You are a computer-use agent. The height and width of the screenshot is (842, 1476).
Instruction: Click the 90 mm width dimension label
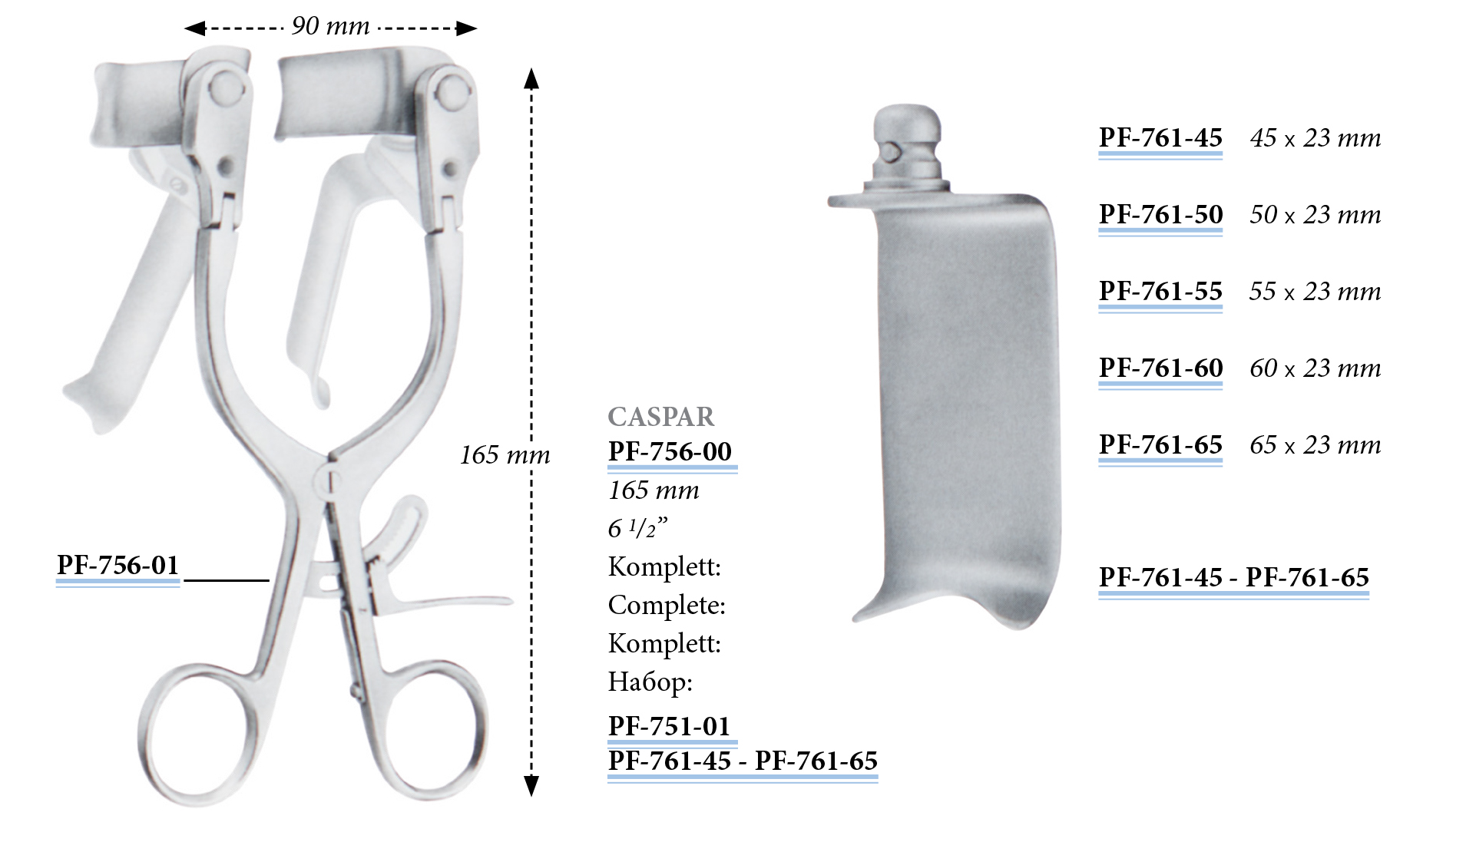coord(330,27)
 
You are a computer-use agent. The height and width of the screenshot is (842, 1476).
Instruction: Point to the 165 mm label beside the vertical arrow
coord(505,455)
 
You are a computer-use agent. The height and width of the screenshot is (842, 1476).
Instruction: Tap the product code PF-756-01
coord(117,566)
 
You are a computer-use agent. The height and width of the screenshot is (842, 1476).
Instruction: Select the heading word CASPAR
coord(661,417)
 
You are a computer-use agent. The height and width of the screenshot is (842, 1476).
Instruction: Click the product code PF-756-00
coord(670,451)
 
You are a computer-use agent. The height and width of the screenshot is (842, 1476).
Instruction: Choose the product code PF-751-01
coord(669,726)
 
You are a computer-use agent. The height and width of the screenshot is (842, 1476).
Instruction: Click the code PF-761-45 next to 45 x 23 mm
coord(1160,138)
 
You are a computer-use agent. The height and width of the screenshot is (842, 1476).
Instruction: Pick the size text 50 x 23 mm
coord(1315,215)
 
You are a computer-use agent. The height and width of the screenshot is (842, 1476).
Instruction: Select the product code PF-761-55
coord(1160,292)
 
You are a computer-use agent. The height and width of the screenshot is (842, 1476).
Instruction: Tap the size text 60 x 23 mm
coord(1315,368)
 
